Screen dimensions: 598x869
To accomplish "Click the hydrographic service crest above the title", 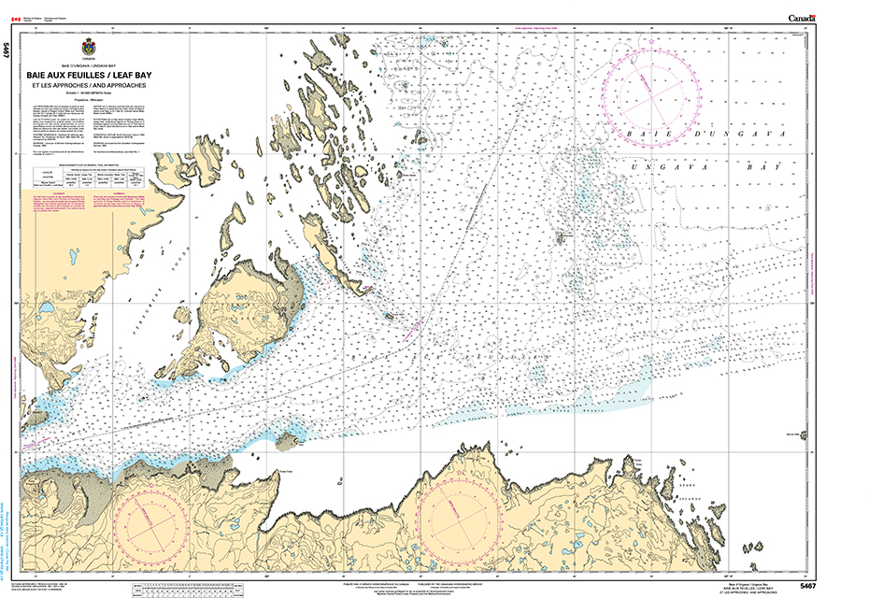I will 90,46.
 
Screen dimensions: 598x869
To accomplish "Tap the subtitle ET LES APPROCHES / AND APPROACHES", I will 90,86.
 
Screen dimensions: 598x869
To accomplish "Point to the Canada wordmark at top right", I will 803,18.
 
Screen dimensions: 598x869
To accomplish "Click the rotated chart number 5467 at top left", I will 7,52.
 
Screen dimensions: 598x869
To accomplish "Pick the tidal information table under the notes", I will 90,178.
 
